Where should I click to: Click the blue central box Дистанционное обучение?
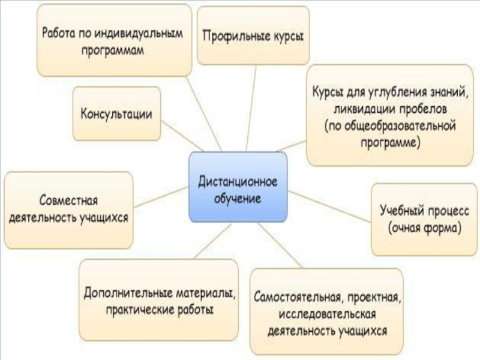(x=238, y=187)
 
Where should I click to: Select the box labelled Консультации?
(x=117, y=113)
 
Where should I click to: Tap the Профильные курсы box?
(x=253, y=35)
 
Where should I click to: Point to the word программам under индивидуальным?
(x=114, y=52)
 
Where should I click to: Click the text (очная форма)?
(x=424, y=229)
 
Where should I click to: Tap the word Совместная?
(x=68, y=199)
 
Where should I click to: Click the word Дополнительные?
(x=126, y=294)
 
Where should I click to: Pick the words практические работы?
(x=160, y=310)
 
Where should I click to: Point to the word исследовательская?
(x=326, y=314)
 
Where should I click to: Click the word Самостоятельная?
(x=293, y=298)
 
